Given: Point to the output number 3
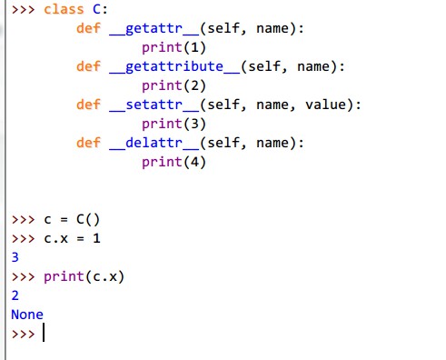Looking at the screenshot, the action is click(15, 257).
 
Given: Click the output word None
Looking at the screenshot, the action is click(26, 315).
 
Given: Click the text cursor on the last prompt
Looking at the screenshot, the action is click(43, 335).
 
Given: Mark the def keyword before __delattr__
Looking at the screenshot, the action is click(88, 143).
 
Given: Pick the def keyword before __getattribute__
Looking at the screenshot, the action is click(88, 66).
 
